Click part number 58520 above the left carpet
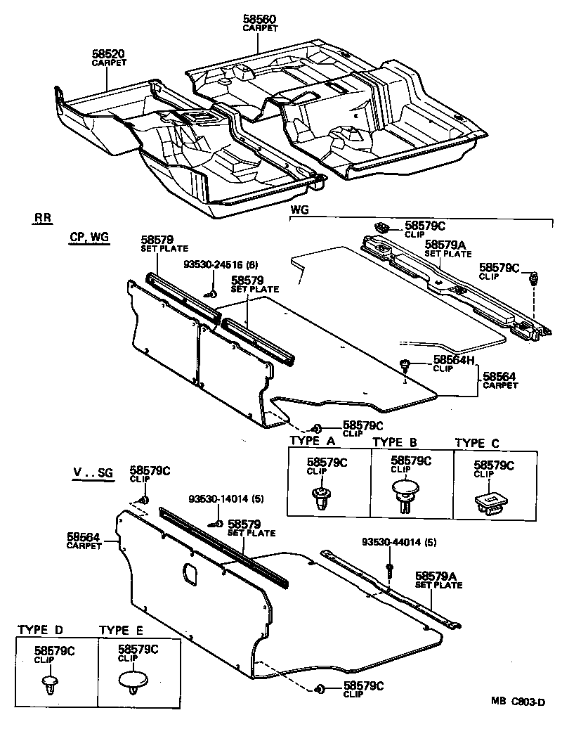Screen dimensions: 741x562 109,53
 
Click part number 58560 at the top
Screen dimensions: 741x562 260,20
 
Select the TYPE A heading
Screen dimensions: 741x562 313,442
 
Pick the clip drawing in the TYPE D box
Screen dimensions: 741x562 51,684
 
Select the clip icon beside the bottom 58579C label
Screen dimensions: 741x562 319,689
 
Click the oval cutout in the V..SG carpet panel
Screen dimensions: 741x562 190,573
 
